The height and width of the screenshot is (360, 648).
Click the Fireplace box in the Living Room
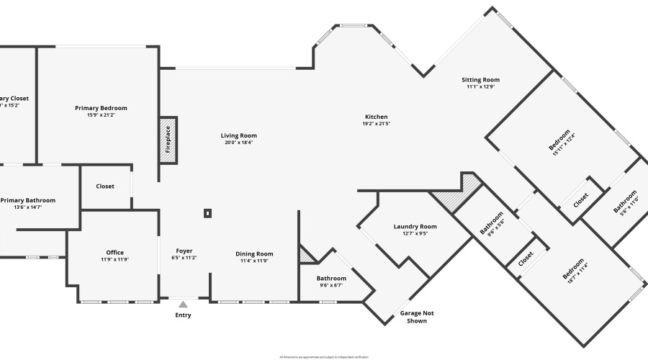[x=168, y=140]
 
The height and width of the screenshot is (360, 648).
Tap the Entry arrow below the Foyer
[x=183, y=304]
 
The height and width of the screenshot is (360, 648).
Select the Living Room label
[x=238, y=135]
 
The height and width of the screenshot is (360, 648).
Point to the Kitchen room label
[x=376, y=117]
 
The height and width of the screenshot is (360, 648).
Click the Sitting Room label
[x=480, y=80]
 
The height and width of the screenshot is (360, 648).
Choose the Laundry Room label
[x=415, y=227]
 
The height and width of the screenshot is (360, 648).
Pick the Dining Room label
[x=254, y=253]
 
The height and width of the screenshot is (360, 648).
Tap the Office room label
[x=115, y=253]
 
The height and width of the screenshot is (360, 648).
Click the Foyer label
[x=184, y=251]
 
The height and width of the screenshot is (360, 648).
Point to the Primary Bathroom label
[x=28, y=200]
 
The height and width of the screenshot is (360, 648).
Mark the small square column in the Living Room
[x=207, y=213]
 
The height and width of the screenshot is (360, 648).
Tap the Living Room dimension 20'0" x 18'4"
[x=238, y=143]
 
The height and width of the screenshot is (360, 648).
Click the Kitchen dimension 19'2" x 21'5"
[x=376, y=124]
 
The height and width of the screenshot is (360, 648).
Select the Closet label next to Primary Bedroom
[x=105, y=186]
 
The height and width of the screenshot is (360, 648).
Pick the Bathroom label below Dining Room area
[x=331, y=279]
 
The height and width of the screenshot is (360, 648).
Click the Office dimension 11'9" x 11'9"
[x=115, y=260]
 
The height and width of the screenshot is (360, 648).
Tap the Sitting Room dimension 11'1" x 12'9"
[x=480, y=87]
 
